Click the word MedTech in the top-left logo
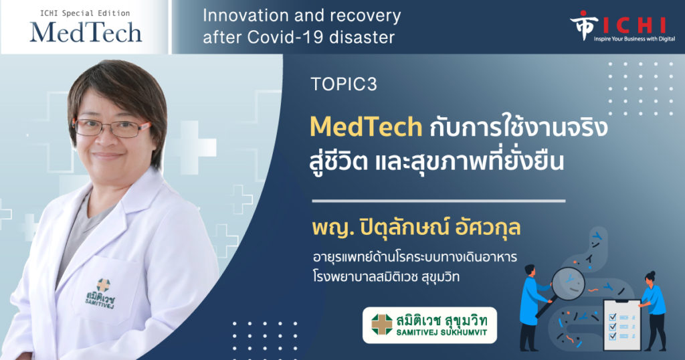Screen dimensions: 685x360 86,32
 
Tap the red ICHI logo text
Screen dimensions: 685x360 634,25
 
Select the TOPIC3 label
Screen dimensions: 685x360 344,84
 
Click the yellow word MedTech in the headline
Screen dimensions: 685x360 366,126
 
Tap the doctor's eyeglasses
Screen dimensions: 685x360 111,128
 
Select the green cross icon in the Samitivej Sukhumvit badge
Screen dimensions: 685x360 382,325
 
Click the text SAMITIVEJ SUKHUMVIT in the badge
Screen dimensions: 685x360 442,333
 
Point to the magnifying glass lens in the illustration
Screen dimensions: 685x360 568,284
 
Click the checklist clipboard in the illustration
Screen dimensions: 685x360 622,324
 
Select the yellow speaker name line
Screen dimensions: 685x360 416,228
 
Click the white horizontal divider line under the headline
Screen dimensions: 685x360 439,201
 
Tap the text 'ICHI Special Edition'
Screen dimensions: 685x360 85,13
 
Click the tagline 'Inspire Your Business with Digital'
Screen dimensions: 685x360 634,39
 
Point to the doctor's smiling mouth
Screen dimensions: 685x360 108,155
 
